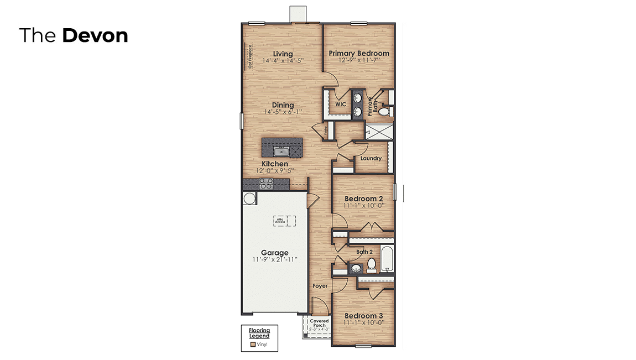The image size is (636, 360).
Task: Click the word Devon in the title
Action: [95, 35]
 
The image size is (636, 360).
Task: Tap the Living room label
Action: [283, 54]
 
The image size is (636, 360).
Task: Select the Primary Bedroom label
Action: [359, 54]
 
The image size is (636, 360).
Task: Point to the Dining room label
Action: [283, 105]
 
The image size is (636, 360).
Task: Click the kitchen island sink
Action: [282, 151]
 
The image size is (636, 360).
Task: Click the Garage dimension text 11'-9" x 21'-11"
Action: [274, 259]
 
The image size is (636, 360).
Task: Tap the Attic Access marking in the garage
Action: [283, 221]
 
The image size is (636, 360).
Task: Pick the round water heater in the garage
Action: [249, 199]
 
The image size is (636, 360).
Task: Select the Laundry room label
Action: [371, 159]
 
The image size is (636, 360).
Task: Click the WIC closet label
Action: [340, 104]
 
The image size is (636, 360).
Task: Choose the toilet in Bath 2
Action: [372, 264]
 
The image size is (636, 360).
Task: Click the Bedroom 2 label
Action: [363, 199]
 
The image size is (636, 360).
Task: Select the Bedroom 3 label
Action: [363, 316]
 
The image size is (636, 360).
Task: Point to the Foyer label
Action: [320, 286]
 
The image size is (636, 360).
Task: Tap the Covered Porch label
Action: [319, 323]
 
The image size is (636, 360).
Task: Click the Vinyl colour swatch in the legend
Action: [253, 344]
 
